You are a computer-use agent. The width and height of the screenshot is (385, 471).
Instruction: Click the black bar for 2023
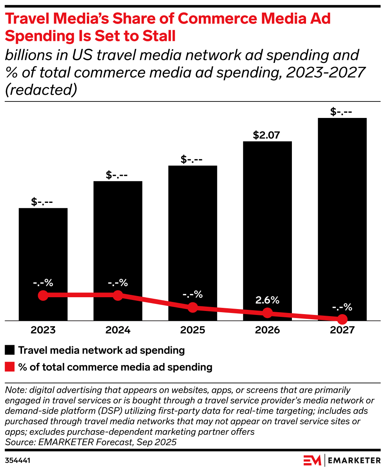43,252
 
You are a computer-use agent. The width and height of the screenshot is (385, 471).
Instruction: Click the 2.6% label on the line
267,300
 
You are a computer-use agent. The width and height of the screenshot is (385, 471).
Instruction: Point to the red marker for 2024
118,295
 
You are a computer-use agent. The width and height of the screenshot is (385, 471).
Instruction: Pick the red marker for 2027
342,319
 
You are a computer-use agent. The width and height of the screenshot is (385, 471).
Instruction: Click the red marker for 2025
192,307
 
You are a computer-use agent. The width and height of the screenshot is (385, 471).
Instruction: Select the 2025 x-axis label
192,330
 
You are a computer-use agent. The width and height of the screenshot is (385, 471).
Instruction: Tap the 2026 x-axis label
267,330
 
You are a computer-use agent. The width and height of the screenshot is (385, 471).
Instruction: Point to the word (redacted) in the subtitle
41,90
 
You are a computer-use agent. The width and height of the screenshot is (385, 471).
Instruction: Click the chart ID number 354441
18,460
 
